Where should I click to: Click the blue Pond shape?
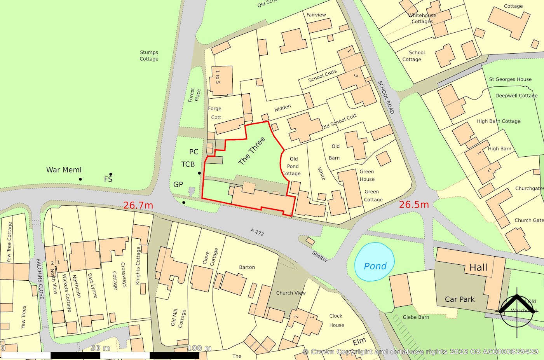[375, 262]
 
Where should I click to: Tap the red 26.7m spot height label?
[138, 205]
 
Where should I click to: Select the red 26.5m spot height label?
[414, 204]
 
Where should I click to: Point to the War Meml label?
[64, 170]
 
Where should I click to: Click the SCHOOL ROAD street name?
[386, 97]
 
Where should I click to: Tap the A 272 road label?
[257, 232]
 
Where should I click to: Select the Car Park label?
[460, 299]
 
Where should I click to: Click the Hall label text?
[478, 267]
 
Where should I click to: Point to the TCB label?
[188, 164]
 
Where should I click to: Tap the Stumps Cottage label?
[149, 56]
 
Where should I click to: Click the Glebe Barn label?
[416, 317]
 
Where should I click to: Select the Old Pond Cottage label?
[293, 166]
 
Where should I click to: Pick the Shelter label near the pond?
[320, 256]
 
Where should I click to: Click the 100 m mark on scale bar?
[199, 348]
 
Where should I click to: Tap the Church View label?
[291, 293]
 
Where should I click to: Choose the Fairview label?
[316, 15]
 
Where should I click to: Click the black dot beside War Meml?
[80, 179]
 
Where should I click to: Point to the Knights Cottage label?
[138, 266]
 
